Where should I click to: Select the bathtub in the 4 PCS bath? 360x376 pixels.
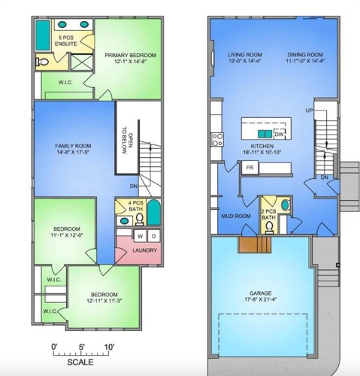(153, 213)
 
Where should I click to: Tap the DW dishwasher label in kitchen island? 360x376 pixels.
(279, 135)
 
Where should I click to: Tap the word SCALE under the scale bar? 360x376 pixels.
(80, 362)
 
